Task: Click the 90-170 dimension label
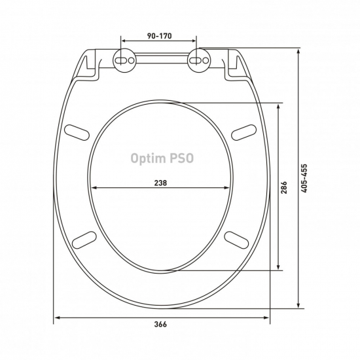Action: [x=159, y=36]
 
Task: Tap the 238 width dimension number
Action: [x=160, y=183]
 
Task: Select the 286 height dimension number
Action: [x=284, y=187]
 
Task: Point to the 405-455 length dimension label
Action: [x=304, y=178]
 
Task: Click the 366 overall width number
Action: [x=160, y=325]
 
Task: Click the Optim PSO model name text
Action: [x=162, y=158]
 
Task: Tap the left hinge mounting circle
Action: [x=124, y=60]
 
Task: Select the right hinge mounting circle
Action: [x=199, y=60]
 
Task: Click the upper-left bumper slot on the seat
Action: [x=77, y=132]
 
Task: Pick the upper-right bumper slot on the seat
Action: [x=243, y=132]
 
